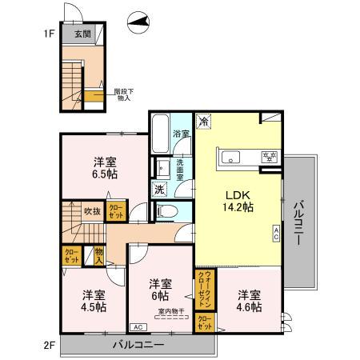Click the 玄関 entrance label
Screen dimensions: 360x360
tap(83, 34)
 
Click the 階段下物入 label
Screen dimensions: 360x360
tap(122, 94)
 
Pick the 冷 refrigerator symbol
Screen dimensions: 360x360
tap(205, 122)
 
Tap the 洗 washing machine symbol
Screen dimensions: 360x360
tap(159, 190)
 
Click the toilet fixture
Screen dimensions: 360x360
tap(163, 211)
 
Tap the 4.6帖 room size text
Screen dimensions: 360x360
tap(249, 301)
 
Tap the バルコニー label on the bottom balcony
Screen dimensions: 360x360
tap(138, 345)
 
